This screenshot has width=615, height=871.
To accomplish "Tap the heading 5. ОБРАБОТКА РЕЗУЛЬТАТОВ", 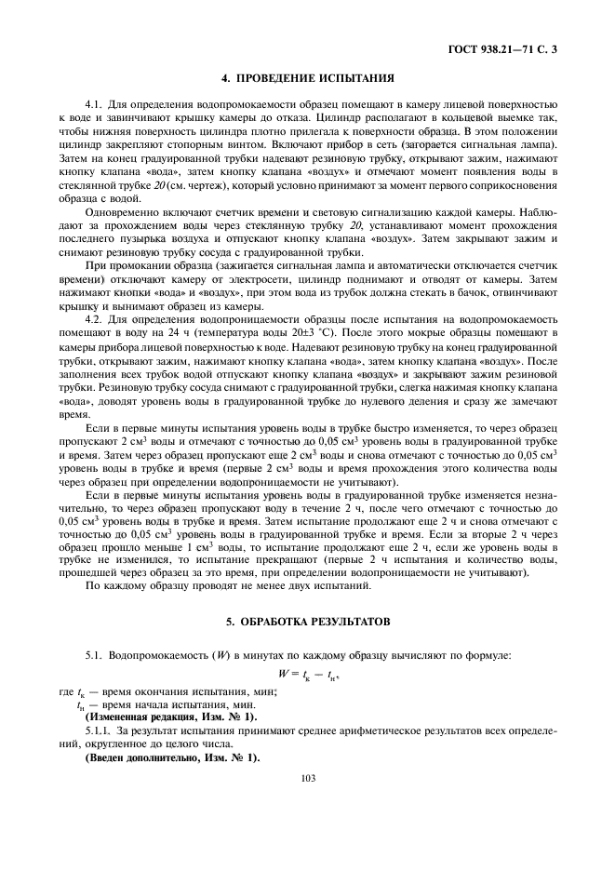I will [x=307, y=621].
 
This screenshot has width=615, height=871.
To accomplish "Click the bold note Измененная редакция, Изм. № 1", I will [x=171, y=719].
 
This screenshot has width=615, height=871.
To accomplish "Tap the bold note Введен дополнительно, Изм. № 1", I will [x=172, y=759].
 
